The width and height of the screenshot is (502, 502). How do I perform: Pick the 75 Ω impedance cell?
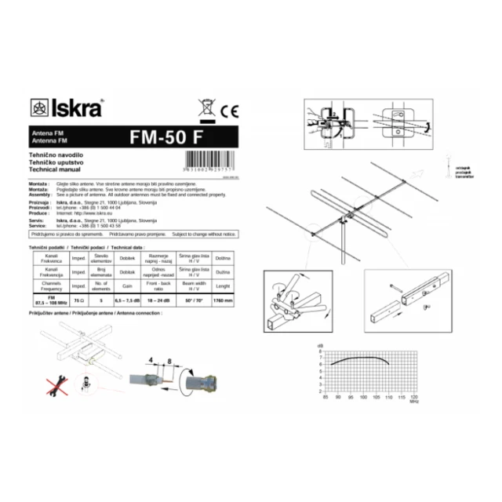point(78,301)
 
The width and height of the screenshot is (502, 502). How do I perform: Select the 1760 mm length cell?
point(223,301)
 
